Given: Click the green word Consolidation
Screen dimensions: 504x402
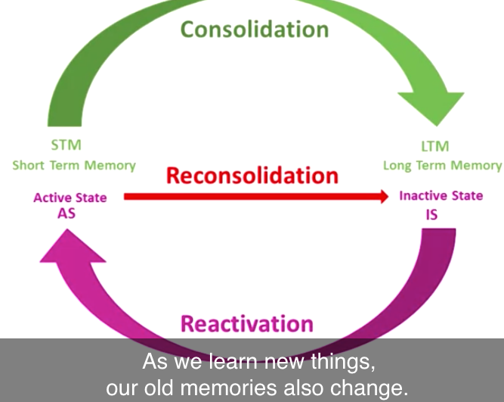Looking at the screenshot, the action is (255, 29).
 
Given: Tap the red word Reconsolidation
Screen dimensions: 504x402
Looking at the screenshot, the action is (252, 176).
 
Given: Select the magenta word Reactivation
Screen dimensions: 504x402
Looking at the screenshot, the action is (247, 323).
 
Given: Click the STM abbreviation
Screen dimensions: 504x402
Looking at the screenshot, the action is (66, 145).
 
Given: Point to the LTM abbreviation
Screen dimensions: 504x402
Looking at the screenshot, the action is (435, 146).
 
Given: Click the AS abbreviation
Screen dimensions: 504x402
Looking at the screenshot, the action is (66, 213).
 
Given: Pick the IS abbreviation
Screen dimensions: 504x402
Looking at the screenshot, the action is (431, 215).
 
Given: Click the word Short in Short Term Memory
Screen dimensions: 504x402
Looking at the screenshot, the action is (28, 165).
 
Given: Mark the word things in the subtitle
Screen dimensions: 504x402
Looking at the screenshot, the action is (343, 362).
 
